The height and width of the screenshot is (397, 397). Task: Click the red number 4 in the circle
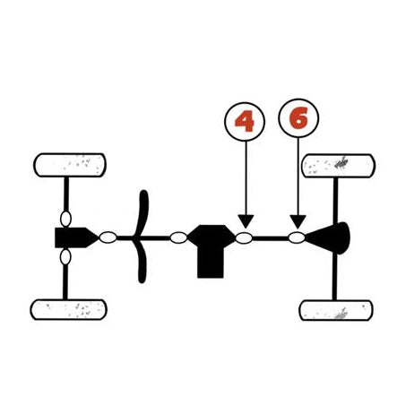[245, 122]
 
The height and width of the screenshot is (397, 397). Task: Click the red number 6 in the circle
[298, 118]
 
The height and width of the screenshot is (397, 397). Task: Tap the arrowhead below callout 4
[246, 221]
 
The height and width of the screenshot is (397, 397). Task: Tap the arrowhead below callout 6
[298, 221]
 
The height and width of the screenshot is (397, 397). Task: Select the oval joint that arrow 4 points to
[244, 238]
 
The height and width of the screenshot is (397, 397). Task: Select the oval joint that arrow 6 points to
[297, 237]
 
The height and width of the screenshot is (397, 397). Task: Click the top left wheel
[70, 165]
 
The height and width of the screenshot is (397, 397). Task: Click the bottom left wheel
[68, 310]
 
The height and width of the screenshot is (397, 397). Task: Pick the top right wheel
[339, 166]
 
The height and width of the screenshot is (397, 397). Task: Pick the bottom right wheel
[336, 310]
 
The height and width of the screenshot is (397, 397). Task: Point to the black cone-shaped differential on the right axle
[329, 238]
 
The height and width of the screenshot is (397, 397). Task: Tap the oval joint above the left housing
[65, 219]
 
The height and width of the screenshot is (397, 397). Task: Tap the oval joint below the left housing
[65, 257]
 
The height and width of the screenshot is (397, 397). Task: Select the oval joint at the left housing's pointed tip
[108, 237]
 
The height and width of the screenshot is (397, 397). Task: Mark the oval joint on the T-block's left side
[178, 237]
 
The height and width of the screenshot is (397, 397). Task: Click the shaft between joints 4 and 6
[271, 238]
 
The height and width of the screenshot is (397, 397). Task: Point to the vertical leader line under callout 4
[246, 178]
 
